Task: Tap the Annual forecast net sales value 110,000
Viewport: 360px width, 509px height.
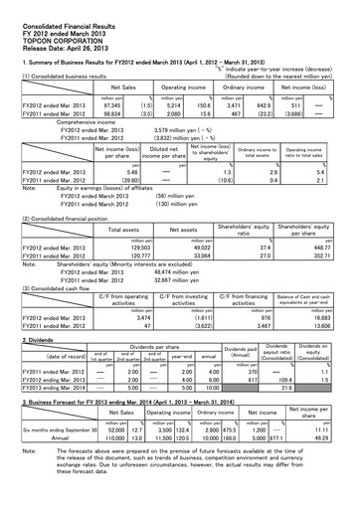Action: click(x=119, y=436)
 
